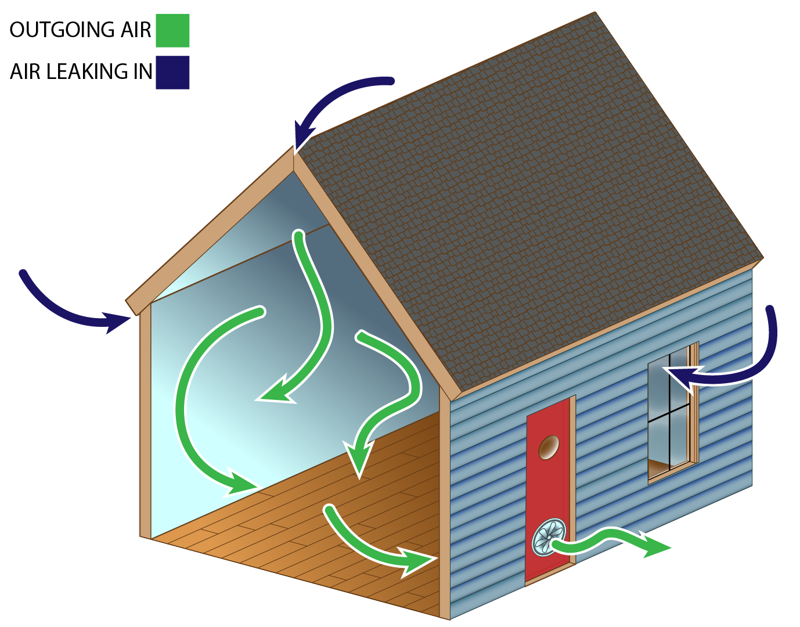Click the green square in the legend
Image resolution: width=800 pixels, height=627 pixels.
tap(172, 31)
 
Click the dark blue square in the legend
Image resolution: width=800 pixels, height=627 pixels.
tap(172, 73)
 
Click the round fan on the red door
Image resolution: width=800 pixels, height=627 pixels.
tap(549, 538)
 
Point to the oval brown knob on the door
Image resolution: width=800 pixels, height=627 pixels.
tap(549, 447)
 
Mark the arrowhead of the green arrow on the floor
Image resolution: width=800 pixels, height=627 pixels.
tap(417, 562)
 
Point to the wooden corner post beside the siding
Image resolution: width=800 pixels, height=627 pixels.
tap(445, 505)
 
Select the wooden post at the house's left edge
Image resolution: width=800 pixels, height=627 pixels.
tap(145, 424)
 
